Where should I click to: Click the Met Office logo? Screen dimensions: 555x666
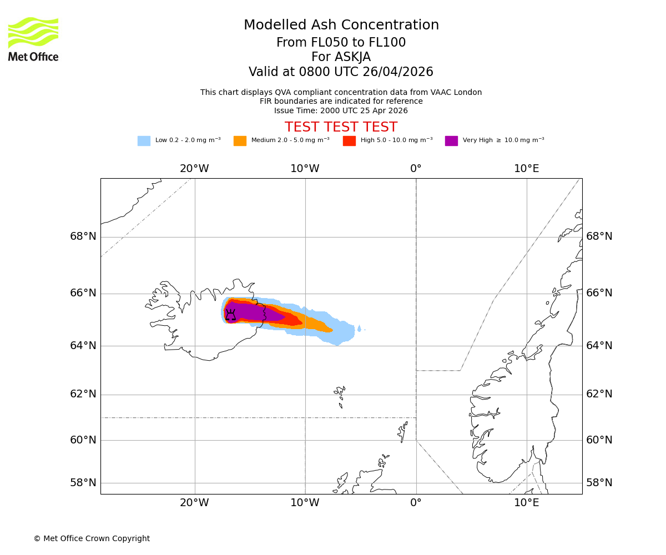(x=33, y=39)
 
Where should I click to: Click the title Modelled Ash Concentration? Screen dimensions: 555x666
(x=341, y=26)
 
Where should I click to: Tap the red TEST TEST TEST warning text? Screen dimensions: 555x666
(x=341, y=128)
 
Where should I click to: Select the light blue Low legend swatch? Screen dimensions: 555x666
(x=144, y=141)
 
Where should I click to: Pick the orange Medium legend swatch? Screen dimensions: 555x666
(x=240, y=141)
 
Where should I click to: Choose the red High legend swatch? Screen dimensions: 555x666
(x=349, y=141)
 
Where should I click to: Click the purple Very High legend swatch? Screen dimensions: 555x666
(x=451, y=141)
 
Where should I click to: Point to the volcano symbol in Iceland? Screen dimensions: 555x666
(x=230, y=315)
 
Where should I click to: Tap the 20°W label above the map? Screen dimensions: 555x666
(x=194, y=169)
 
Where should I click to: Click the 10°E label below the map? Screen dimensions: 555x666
(x=526, y=503)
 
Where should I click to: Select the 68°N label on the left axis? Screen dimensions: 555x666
(x=83, y=236)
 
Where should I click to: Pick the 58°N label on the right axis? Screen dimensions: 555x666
(x=599, y=483)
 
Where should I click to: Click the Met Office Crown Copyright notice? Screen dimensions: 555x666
(x=92, y=539)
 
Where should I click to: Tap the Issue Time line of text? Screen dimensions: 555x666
(x=341, y=110)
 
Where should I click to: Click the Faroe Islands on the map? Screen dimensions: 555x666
(x=340, y=395)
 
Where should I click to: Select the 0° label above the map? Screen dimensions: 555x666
(x=416, y=169)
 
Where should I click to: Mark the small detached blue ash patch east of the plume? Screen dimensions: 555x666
(x=359, y=329)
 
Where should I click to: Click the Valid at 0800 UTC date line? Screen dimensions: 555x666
(x=341, y=72)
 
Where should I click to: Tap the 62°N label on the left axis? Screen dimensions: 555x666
(x=83, y=394)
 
